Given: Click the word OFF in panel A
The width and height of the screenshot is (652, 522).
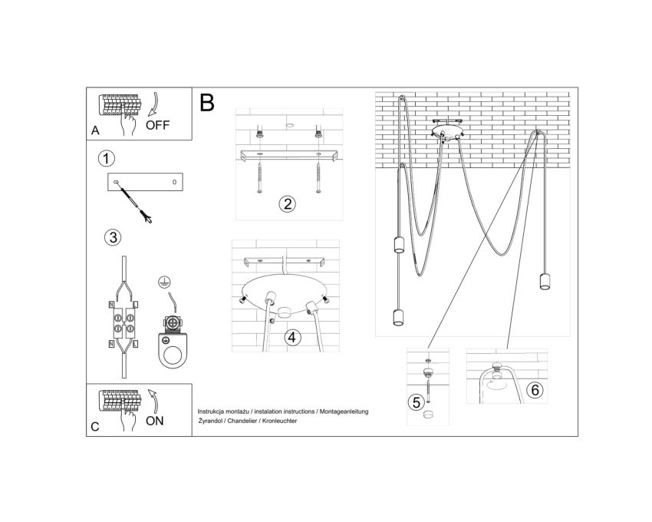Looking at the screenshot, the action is point(157,125).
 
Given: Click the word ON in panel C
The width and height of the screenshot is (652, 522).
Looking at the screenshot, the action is point(155,421).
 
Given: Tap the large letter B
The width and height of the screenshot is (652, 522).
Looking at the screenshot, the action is point(207,102).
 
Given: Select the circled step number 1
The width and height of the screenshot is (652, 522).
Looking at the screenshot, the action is point(107,159).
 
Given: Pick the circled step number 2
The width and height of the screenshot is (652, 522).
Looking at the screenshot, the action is point(288,204).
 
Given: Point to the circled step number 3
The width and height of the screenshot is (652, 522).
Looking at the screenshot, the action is point(113,237).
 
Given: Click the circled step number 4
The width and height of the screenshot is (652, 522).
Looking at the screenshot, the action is point(292,337).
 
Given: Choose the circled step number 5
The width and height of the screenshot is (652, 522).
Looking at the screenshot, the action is point(417,402).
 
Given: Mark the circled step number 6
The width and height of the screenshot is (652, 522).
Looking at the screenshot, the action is point(535,390).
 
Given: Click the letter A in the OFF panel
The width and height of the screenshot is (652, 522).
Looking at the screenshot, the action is point(95,130).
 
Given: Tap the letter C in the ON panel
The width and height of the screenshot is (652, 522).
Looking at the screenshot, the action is point(95,427).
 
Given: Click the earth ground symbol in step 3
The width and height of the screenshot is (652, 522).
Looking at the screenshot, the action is point(165,282).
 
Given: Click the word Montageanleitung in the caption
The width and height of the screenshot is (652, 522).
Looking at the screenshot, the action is point(344,411).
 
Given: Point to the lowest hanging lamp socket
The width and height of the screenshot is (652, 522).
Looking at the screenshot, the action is point(398,318).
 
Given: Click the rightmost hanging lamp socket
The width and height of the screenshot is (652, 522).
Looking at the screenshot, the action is point(545,282).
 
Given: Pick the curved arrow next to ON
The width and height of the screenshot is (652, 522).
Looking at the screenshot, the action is point(153,401).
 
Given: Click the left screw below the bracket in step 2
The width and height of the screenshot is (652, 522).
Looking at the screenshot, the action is point(259,178).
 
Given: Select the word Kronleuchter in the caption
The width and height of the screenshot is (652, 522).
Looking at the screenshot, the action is point(279,421).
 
